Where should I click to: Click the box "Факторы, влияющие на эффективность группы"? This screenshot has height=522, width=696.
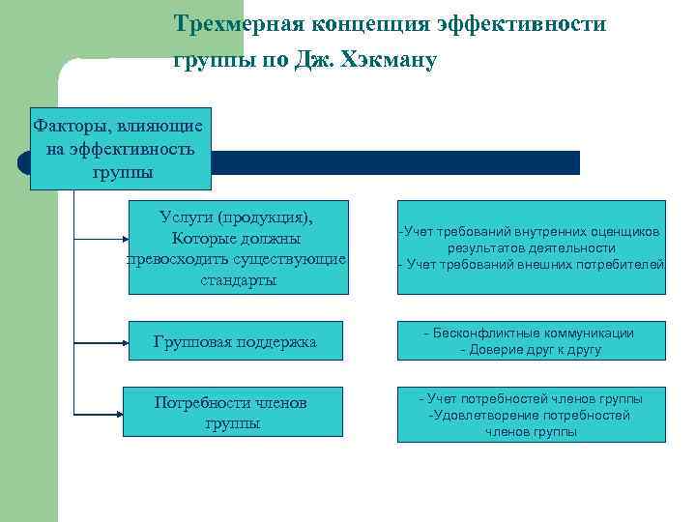point(120,149)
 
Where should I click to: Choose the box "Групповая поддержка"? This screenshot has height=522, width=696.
point(236,342)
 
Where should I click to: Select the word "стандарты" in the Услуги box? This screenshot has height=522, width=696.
point(238,280)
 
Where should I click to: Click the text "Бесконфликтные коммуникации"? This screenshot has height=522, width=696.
point(533,333)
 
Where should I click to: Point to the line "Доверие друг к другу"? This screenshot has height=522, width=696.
point(531,350)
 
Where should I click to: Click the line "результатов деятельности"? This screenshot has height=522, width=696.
point(532,248)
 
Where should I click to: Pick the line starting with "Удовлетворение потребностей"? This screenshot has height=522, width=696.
point(531,415)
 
